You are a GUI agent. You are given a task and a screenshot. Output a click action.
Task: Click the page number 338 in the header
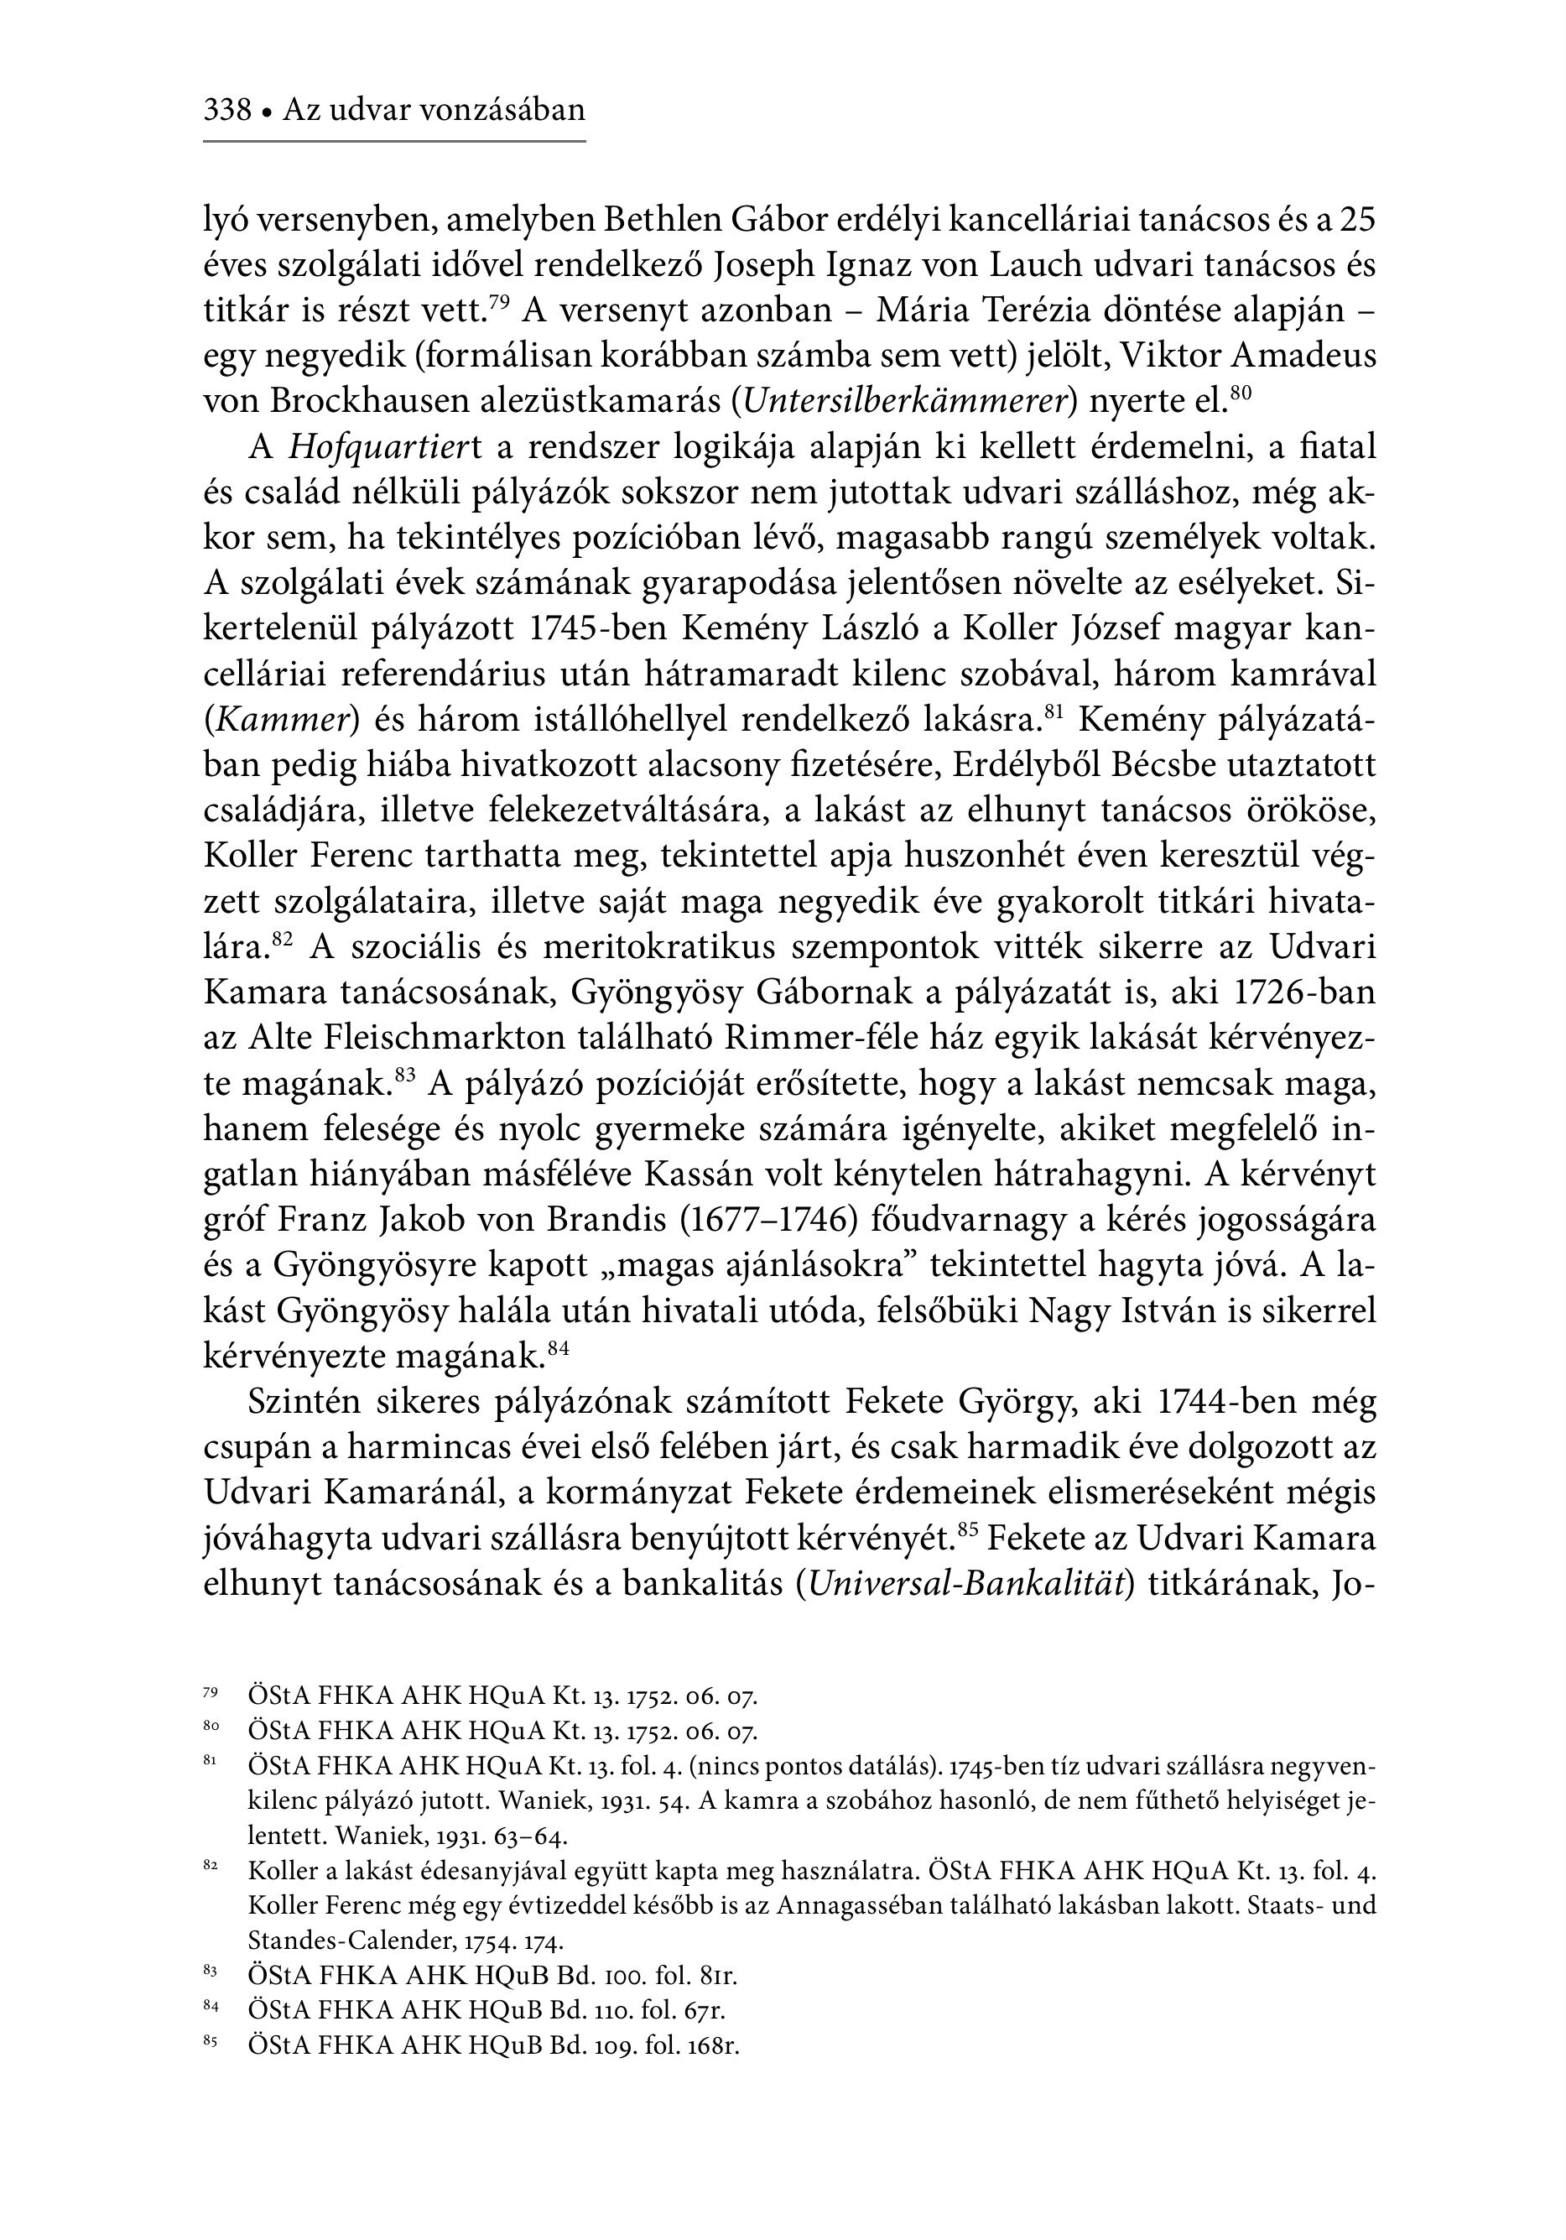click(x=227, y=110)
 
